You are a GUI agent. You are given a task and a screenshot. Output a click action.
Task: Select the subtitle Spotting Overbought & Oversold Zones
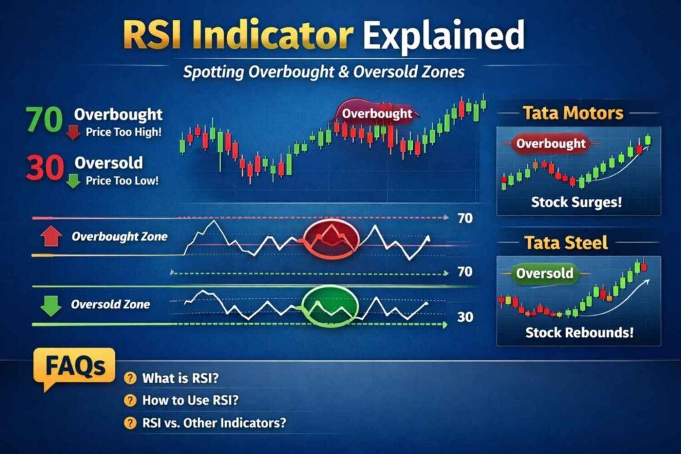tap(324, 72)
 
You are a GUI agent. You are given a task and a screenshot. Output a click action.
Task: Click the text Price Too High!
tap(123, 132)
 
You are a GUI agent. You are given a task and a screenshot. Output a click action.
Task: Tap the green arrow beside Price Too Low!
tap(73, 180)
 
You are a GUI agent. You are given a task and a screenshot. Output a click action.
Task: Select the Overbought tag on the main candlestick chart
tap(376, 113)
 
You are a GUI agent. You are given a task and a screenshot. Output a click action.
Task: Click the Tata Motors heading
tap(573, 112)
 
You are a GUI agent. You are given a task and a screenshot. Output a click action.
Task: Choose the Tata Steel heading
tap(566, 242)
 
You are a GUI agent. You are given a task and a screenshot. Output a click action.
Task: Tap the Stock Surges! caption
tap(577, 201)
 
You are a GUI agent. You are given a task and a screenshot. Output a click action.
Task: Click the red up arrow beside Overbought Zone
tap(51, 237)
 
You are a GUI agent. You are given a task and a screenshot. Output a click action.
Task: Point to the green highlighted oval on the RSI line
tap(331, 306)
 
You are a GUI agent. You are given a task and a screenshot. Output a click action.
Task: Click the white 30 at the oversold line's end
tap(466, 318)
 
